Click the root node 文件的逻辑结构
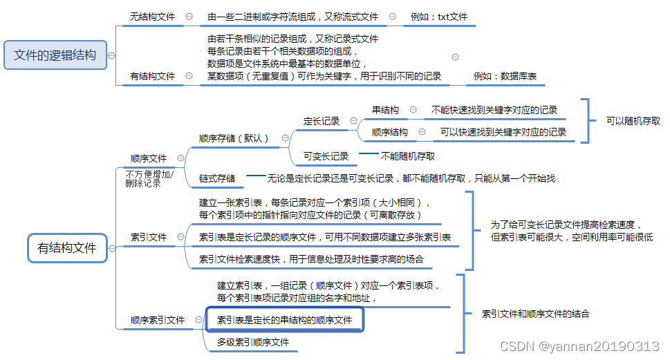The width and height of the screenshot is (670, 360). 55,55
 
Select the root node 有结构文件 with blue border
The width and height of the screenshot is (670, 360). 67,247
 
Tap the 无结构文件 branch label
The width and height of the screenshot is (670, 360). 153,17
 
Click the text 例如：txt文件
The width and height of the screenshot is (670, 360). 439,17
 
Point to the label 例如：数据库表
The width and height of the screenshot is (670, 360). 505,76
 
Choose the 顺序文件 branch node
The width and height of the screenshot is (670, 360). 149,158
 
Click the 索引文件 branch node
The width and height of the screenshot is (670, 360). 149,237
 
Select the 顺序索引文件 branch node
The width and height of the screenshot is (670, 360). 158,320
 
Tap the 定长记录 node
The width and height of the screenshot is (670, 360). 322,121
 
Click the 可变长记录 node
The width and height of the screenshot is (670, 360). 326,157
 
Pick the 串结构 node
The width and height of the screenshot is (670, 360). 385,110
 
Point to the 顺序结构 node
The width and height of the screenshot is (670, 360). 389,132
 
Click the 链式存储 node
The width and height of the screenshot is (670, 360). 216,178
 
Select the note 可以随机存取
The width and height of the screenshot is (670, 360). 633,120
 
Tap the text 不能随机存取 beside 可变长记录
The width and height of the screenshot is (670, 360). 408,156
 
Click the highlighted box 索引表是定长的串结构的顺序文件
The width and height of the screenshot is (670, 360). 284,320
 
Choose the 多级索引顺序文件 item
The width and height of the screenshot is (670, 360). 252,342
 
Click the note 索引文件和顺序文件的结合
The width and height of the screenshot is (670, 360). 535,314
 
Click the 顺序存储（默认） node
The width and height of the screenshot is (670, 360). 234,138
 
